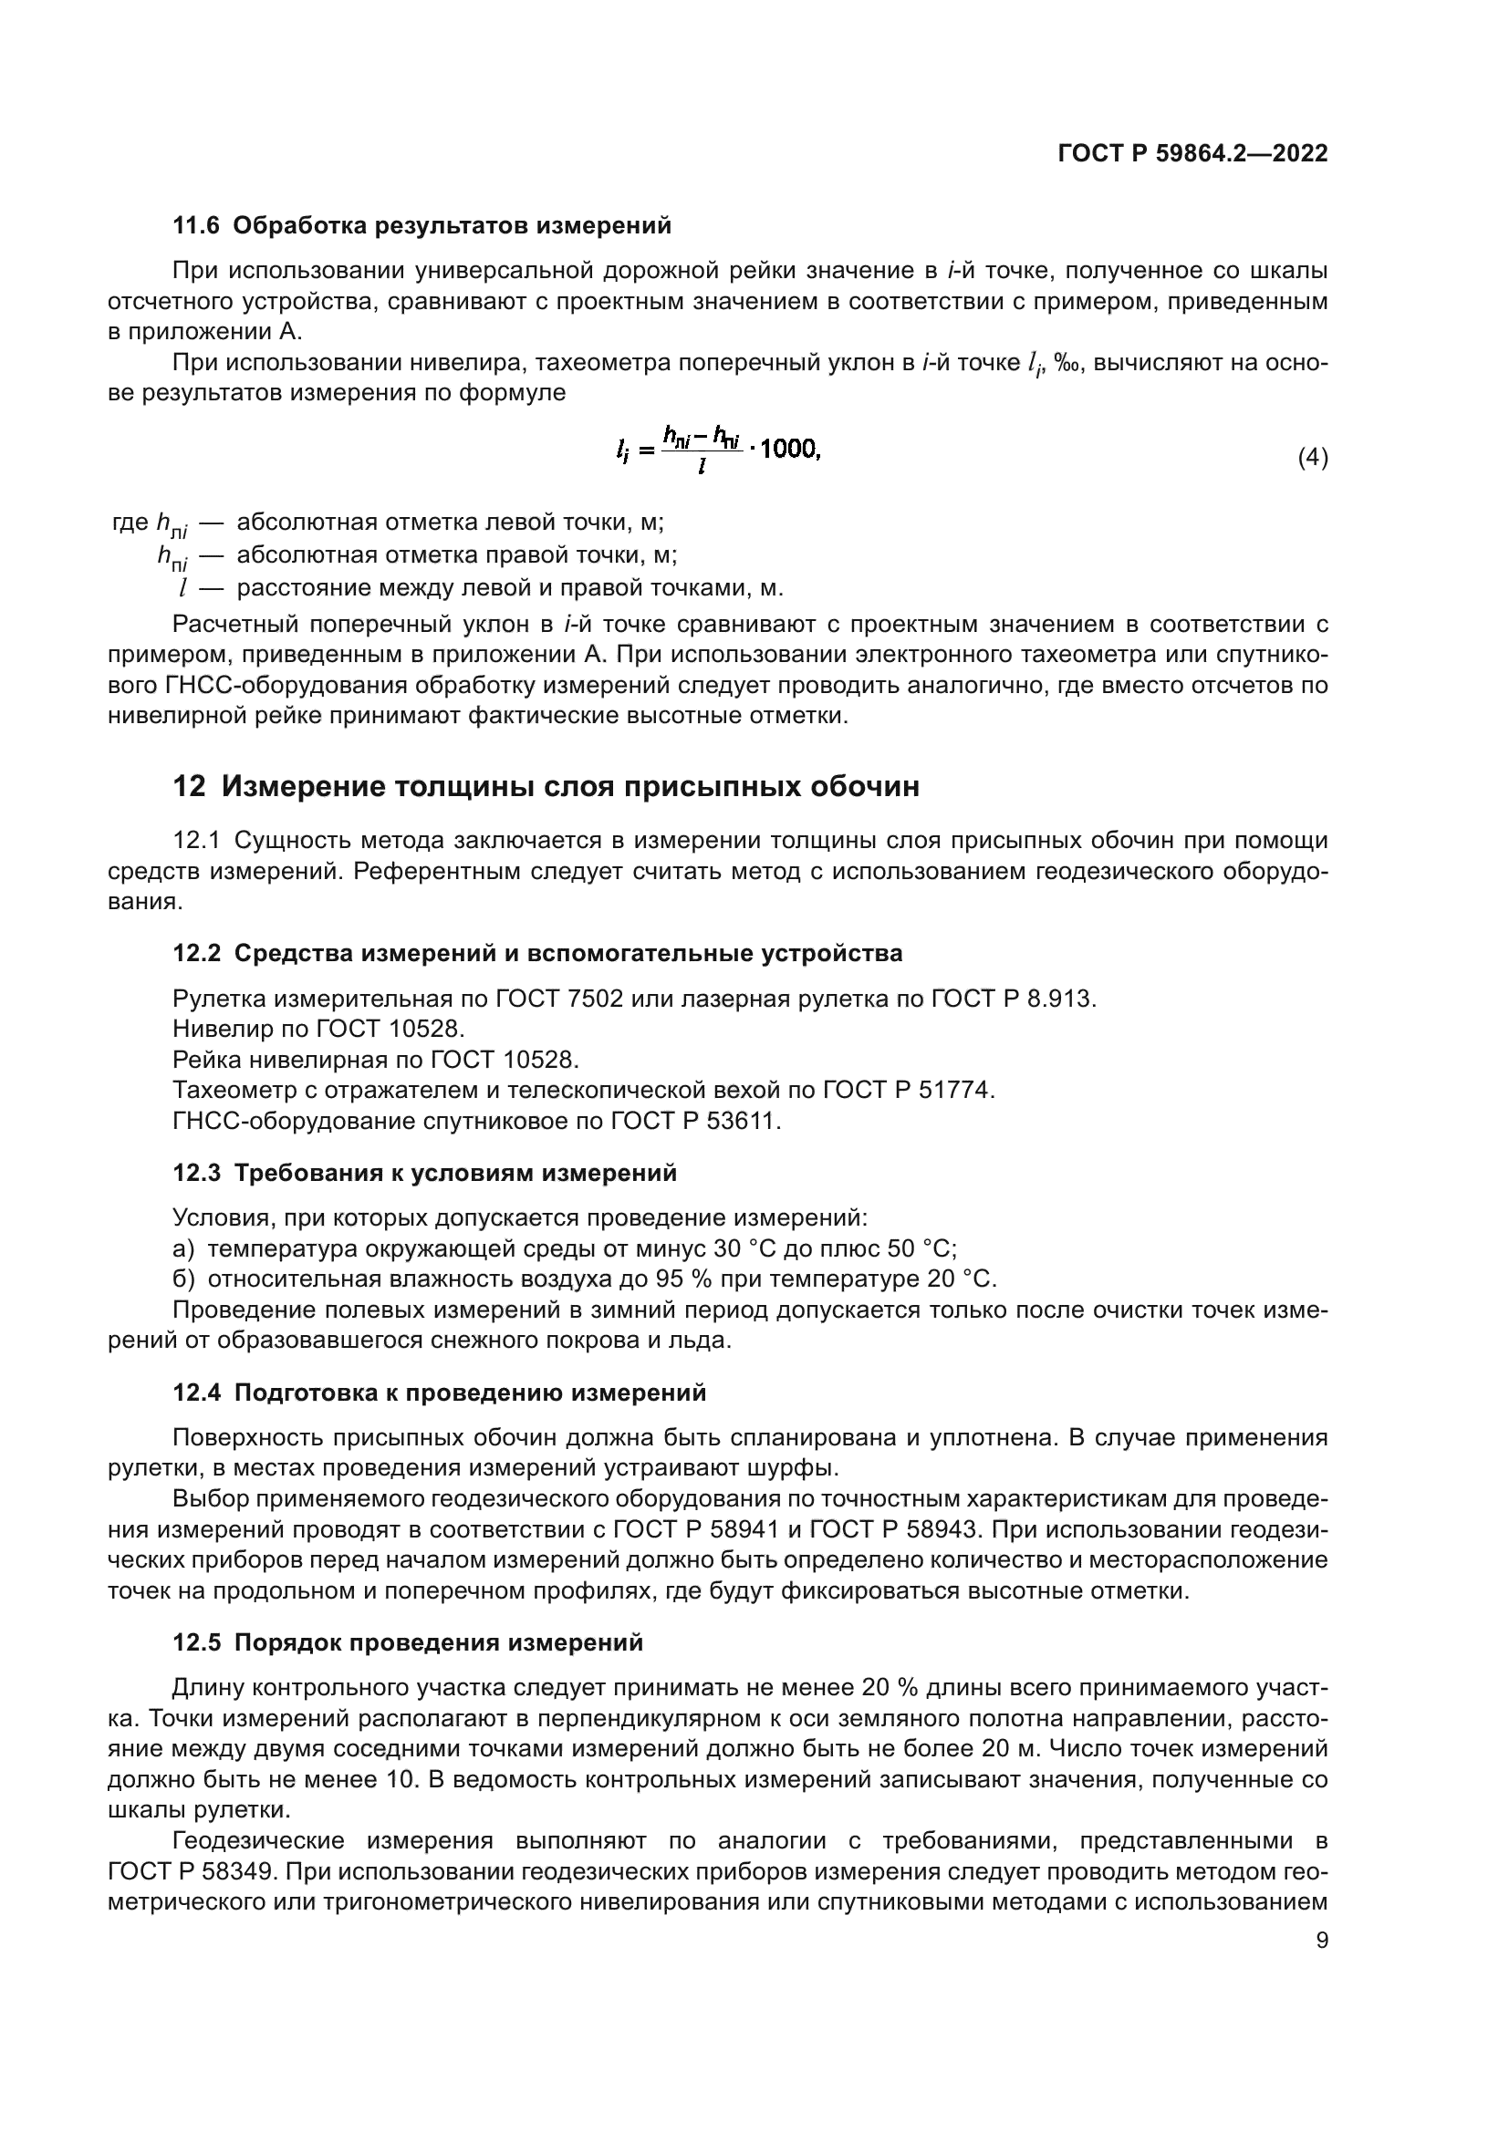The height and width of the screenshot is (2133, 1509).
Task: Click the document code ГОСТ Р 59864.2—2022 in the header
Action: (1192, 153)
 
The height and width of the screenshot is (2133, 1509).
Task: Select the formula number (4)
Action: (1312, 457)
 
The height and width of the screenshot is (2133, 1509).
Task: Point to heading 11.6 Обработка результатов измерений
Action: (421, 225)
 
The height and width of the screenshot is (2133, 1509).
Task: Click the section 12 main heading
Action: (546, 786)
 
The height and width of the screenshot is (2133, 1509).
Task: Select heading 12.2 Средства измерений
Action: (537, 953)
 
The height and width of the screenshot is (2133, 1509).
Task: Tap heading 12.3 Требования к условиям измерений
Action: (424, 1173)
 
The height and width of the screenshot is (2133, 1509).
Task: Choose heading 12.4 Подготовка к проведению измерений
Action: (440, 1393)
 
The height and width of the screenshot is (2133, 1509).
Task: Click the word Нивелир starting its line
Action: (212, 1029)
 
